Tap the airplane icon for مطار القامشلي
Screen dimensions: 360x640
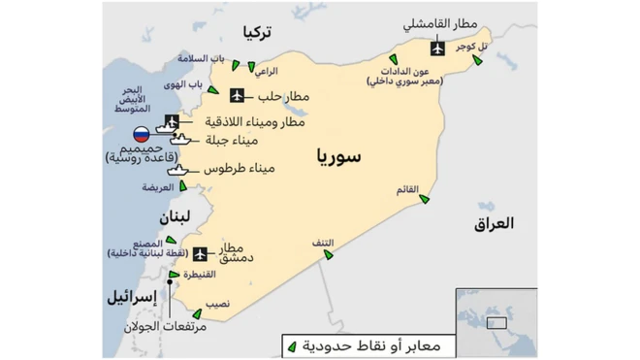pos(436,47)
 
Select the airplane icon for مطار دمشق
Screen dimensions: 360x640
pos(201,254)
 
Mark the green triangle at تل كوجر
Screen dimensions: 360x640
pos(477,62)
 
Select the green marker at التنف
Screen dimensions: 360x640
pos(329,254)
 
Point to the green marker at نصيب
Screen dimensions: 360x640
pos(198,313)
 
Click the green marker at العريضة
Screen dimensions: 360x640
pos(182,185)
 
